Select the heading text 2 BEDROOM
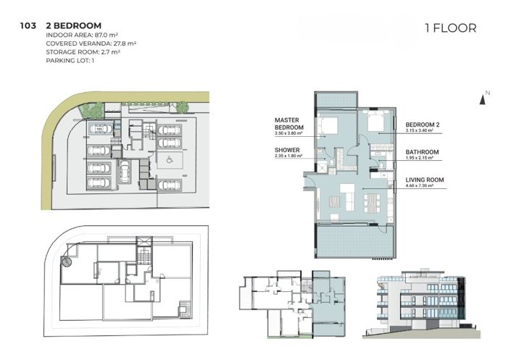point(73,25)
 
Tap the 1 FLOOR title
point(450,28)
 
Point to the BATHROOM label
point(422,152)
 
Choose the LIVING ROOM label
point(425,179)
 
